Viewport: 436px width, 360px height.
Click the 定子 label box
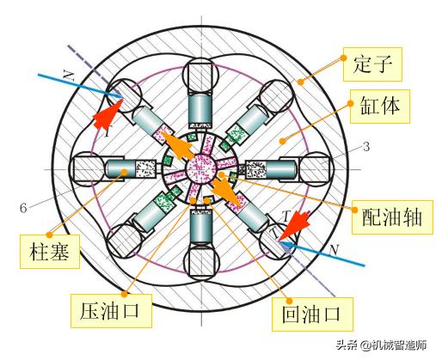372,64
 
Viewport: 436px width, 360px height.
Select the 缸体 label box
380,107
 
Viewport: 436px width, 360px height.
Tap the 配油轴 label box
392,217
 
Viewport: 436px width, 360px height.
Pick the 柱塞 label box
50,252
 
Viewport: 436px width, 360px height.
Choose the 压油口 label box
111,311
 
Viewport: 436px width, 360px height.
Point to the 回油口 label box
312,314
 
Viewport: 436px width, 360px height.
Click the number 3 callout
366,147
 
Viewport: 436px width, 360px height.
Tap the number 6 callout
23,208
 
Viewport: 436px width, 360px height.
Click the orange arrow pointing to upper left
177,145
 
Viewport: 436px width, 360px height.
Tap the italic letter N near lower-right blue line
334,251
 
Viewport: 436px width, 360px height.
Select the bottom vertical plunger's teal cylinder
201,228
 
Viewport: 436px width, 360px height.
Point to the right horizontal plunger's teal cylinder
281,169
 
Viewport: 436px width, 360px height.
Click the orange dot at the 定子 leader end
300,82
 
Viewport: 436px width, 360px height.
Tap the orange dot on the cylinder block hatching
283,141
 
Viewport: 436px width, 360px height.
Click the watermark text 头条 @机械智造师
381,345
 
